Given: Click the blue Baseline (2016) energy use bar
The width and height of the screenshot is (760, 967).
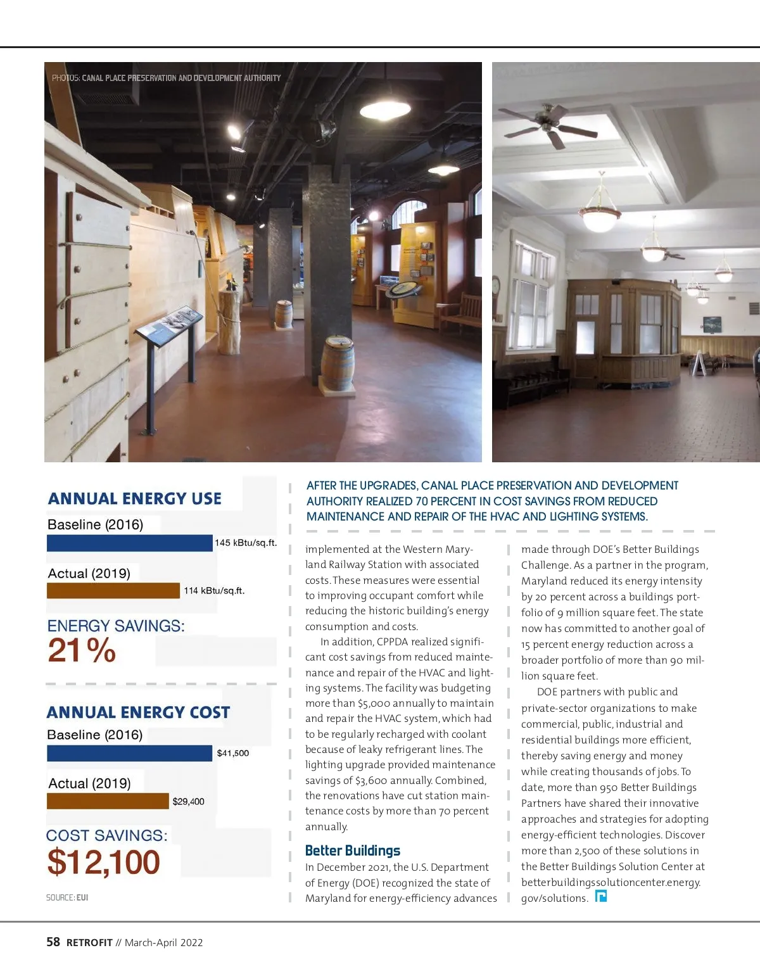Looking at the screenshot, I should click(129, 543).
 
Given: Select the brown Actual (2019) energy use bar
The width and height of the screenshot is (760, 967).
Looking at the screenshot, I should click(113, 591).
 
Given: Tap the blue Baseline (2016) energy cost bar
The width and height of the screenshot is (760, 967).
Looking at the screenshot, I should click(129, 753).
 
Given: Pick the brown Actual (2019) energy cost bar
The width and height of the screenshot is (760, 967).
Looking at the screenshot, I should click(108, 801).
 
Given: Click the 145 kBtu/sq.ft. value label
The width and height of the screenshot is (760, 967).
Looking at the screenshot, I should click(246, 543).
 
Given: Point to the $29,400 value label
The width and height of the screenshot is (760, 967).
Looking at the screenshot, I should click(188, 802).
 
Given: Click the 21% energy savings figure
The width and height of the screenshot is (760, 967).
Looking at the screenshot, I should click(82, 650).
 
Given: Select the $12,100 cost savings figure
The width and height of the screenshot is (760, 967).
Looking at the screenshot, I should click(103, 862).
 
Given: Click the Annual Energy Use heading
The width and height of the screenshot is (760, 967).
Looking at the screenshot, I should click(134, 499).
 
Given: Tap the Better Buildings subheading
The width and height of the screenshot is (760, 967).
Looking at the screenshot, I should click(352, 850).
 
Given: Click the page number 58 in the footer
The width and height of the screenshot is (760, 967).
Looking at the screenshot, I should click(53, 942).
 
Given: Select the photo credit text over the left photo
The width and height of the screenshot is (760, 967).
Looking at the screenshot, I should click(166, 78).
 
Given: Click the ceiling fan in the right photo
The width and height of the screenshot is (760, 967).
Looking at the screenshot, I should click(548, 123).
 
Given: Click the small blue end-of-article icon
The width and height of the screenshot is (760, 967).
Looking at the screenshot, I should click(601, 896).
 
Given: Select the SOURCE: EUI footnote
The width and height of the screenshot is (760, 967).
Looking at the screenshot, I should click(67, 897).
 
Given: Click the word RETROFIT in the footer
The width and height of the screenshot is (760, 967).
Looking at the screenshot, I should click(89, 943).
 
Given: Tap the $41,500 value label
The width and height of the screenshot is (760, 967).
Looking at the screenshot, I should click(232, 753).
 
